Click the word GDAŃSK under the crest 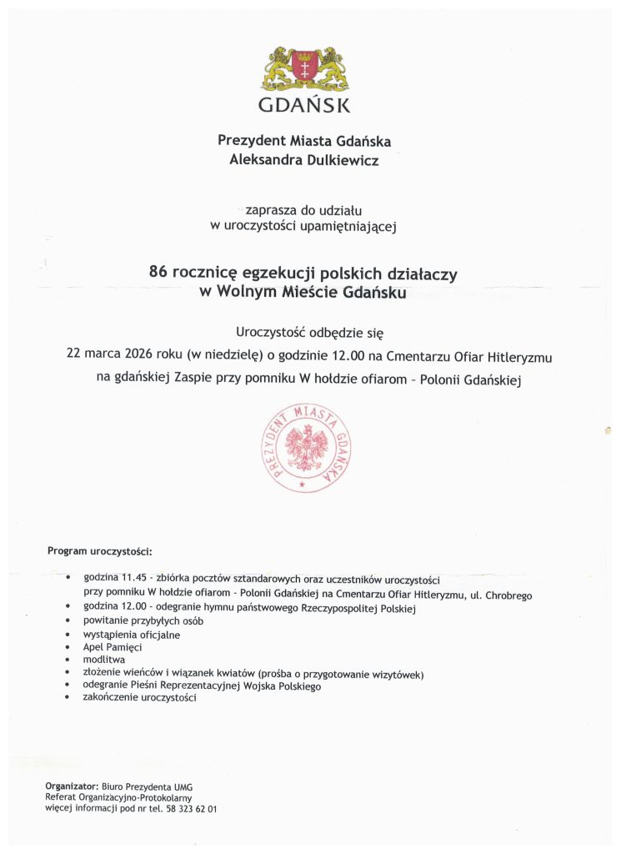pos(304,106)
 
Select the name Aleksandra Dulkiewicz pos(303,160)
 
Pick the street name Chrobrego pos(507,595)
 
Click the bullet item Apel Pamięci pos(113,647)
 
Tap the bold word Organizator pos(72,786)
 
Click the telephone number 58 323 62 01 pos(192,809)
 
